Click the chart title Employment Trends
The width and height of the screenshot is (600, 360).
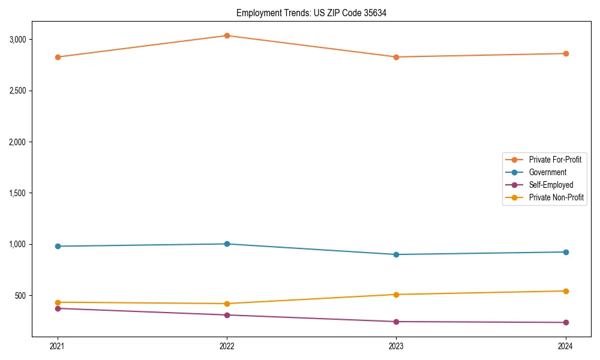tap(311, 13)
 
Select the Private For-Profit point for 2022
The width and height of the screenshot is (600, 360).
tap(227, 35)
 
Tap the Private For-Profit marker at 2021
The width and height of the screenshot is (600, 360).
tap(58, 57)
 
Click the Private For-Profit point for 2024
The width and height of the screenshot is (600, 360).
tap(566, 53)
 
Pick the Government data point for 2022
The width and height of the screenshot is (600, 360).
tap(227, 244)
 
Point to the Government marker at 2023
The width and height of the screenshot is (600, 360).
tap(396, 254)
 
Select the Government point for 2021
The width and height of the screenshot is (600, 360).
tap(58, 246)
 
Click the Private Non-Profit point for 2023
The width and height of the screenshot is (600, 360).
tap(396, 295)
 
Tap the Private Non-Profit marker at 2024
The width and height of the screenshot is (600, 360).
tap(566, 291)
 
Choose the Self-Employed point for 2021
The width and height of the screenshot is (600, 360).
tap(58, 308)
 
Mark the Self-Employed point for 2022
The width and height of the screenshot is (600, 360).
tap(227, 315)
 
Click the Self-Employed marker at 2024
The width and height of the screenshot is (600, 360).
tap(566, 322)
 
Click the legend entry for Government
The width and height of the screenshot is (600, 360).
tap(547, 172)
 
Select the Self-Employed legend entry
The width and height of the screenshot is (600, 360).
tap(551, 185)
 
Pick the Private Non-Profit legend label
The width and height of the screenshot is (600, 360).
tap(556, 197)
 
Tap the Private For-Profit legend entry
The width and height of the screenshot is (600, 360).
tap(554, 160)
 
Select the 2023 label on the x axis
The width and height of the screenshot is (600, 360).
tap(396, 346)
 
